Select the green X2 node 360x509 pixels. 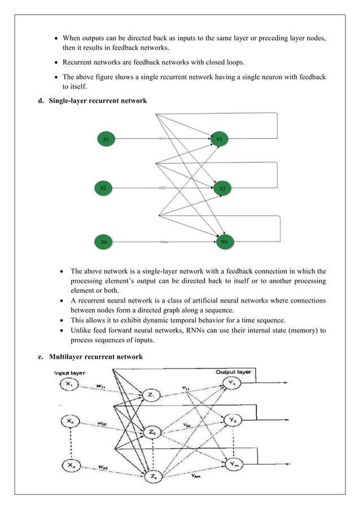coord(104,188)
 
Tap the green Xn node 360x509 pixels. coord(104,242)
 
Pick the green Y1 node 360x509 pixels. coord(220,138)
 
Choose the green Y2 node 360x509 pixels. coord(223,189)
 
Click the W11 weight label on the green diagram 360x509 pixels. coord(162,138)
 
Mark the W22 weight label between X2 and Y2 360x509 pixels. coord(162,188)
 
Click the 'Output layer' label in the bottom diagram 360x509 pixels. coord(233,372)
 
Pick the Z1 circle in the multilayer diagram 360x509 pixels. coord(151,395)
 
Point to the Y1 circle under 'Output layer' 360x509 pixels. coord(233,384)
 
